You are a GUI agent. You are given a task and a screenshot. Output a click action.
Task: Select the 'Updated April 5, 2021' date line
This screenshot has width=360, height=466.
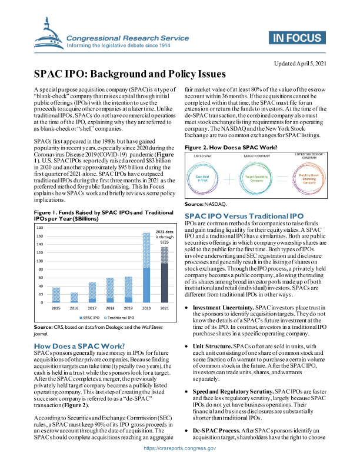[x=304, y=63]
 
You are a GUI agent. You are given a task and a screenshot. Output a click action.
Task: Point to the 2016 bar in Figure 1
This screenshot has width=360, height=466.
[x=74, y=297]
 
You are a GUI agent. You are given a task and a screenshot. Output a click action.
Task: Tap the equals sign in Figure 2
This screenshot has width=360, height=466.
[x=282, y=178]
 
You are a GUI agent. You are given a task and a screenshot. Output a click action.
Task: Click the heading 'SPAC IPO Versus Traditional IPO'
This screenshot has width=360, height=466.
[x=243, y=216]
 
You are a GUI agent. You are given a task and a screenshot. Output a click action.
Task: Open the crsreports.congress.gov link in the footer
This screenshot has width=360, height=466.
[x=180, y=448]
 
